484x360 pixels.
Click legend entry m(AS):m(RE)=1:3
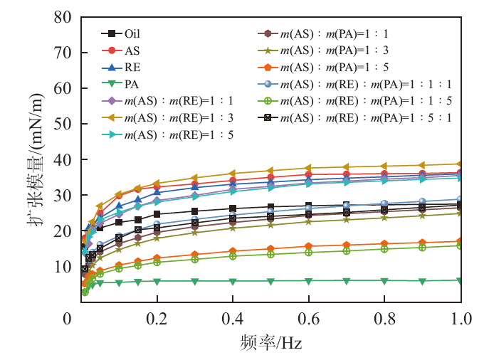[179, 117]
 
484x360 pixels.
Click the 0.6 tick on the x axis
[308, 317]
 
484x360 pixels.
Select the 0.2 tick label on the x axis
[157, 317]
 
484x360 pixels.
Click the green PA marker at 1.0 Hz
[461, 280]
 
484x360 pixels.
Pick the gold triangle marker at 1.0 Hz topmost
[461, 164]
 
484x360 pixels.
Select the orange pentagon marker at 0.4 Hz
[233, 251]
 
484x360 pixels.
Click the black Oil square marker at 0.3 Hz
[194, 211]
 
